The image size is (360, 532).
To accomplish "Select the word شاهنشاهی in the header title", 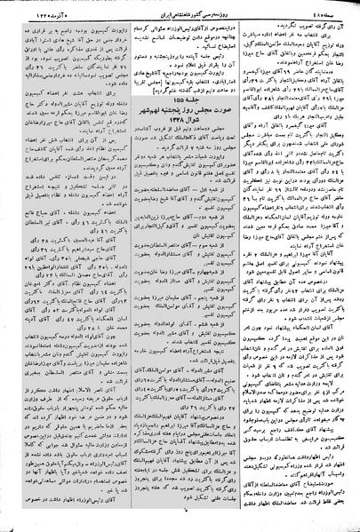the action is coord(159,7).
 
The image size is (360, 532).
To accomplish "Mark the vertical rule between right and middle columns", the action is coord(243,266).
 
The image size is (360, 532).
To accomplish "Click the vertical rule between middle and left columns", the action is coord(123,266).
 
